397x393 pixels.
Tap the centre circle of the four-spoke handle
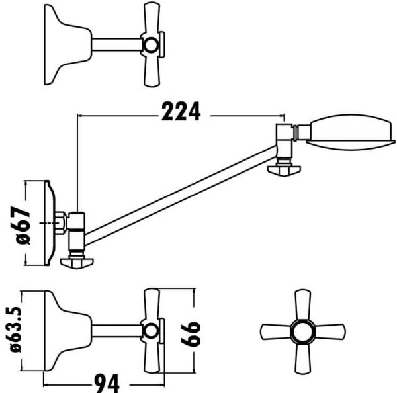pos(301,329)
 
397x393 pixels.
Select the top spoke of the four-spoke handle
pos(301,302)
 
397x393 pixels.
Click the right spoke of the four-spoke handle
pos(330,329)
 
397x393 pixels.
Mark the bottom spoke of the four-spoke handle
pos(301,358)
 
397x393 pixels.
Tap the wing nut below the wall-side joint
pos(77,263)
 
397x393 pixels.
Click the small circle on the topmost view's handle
pos(153,45)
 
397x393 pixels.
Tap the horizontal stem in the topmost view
pos(116,45)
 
